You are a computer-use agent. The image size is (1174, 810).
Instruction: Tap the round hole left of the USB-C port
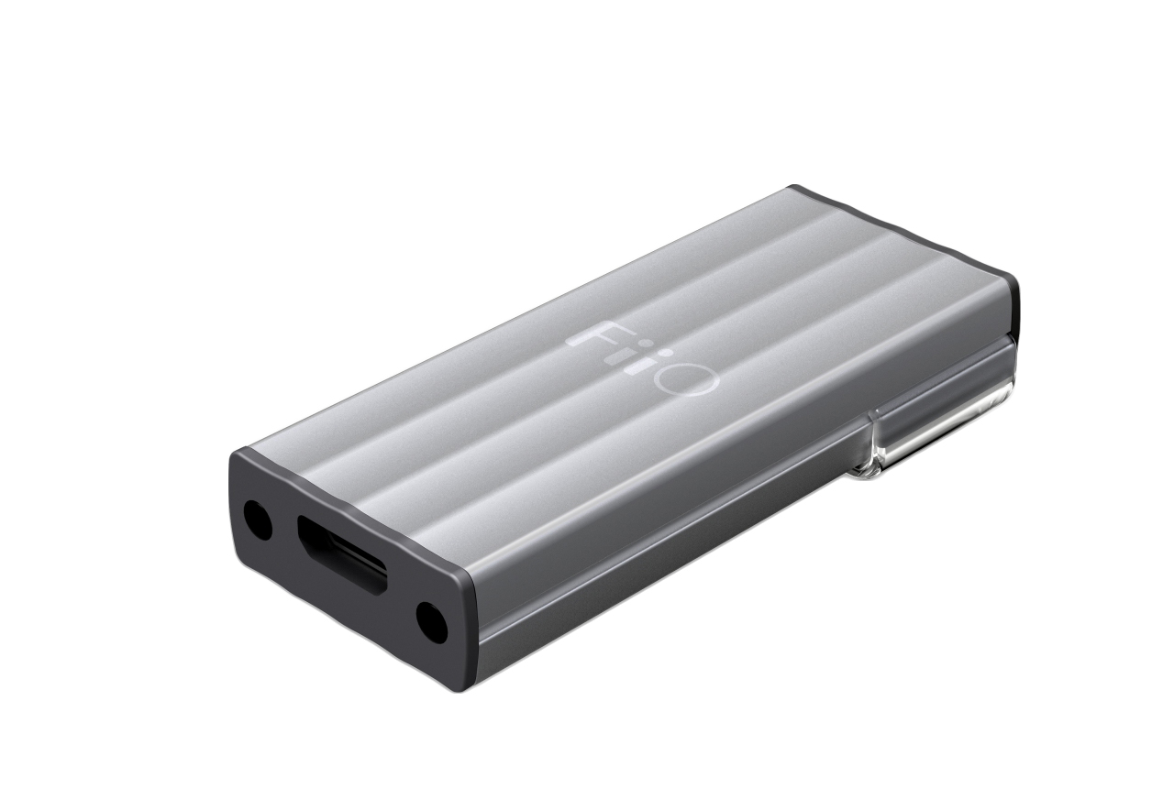tap(256, 519)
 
